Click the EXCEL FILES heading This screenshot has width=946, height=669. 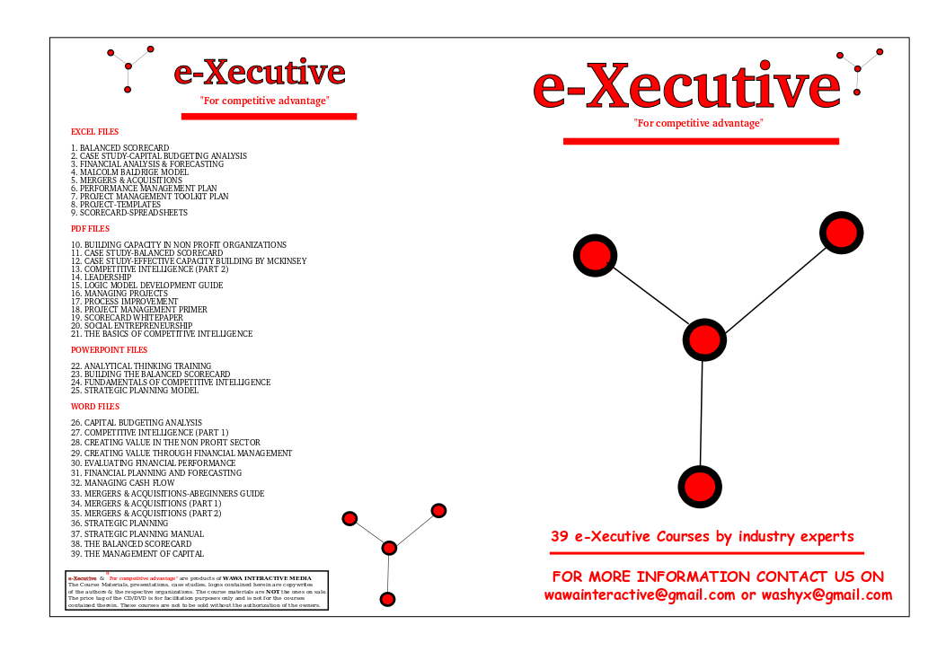point(94,132)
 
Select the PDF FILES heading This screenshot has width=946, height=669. point(90,229)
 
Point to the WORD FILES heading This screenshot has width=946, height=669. point(94,407)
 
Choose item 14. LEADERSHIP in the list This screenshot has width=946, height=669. point(101,277)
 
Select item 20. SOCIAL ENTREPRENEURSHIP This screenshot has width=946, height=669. point(131,326)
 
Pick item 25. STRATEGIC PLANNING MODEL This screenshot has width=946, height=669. point(134,391)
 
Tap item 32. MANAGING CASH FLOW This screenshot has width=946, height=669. point(122,483)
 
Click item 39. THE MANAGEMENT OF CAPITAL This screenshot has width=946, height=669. point(137,554)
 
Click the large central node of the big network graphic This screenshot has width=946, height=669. point(704,340)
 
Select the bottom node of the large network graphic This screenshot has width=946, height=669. point(699,486)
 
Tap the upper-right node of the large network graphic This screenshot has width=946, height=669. point(842,233)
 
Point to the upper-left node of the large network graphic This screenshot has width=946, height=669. point(595,255)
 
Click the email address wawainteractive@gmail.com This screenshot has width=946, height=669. point(640,595)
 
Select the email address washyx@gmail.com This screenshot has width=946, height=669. point(827,595)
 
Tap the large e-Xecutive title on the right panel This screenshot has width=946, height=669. point(685,87)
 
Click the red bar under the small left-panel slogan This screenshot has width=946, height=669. point(269,116)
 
